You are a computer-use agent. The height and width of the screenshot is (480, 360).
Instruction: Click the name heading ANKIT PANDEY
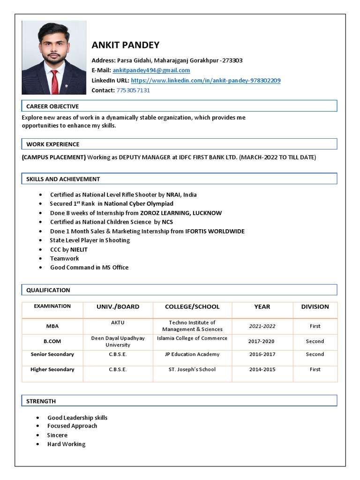point(125,45)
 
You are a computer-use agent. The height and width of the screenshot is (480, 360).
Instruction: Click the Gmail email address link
point(151,70)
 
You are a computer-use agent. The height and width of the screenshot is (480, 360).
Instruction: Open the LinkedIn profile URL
point(205,81)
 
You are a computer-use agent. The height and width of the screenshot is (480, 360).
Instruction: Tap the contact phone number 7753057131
point(133,90)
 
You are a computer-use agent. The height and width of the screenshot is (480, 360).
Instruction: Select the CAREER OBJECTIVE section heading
point(52,106)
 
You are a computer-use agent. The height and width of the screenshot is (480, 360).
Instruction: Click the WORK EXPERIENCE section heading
point(52,144)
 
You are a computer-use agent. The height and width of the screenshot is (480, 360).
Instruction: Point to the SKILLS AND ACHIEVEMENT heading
point(63,179)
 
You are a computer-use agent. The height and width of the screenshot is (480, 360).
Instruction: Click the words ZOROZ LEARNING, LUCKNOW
point(181,213)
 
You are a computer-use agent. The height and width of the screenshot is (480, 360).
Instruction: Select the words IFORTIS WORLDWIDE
point(215,231)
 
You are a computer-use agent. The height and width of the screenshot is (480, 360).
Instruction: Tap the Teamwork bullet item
point(64,258)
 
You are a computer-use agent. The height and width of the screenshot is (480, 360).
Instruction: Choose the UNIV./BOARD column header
point(118,307)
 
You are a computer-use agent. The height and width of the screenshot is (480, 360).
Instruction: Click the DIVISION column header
point(315,307)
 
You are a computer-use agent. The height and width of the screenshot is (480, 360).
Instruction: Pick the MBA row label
point(52,326)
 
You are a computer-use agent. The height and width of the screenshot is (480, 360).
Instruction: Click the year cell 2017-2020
point(262,341)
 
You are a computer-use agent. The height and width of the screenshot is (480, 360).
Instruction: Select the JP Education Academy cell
point(192,354)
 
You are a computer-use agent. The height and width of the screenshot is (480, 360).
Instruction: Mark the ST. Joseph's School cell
point(192,369)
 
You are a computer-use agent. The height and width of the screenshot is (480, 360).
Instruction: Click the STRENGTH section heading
point(41,401)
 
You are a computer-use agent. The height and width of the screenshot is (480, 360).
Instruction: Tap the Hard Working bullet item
point(66,444)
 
